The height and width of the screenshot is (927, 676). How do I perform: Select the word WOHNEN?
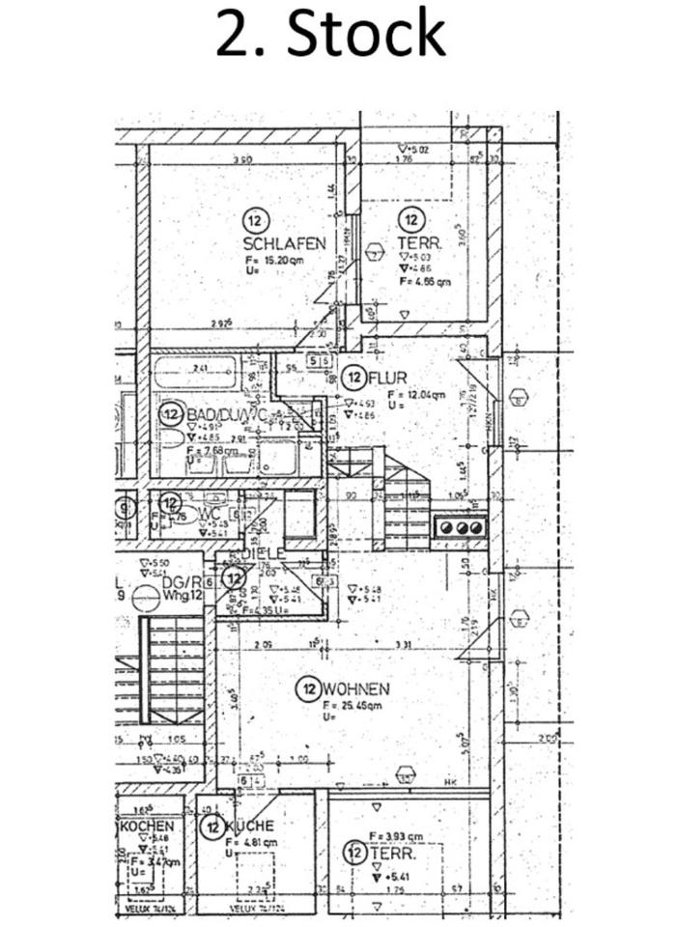tap(356, 689)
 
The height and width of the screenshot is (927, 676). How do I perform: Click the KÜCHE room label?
tap(249, 827)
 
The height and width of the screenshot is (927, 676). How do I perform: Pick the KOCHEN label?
tap(147, 827)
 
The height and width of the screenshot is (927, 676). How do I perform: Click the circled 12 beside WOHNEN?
tap(309, 689)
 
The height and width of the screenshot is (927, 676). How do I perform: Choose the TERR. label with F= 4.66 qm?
tap(418, 244)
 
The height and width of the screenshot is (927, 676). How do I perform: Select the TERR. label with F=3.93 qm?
tap(398, 855)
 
